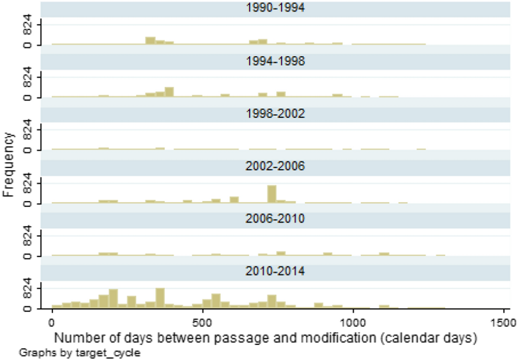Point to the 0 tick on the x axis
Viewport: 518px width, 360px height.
pyautogui.click(x=52, y=323)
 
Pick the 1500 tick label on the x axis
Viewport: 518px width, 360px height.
pyautogui.click(x=503, y=323)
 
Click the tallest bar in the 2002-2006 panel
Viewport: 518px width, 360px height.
pyautogui.click(x=272, y=194)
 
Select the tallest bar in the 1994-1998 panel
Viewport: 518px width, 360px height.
pyautogui.click(x=169, y=92)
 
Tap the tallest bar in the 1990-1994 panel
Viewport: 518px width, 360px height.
pyautogui.click(x=150, y=41)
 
